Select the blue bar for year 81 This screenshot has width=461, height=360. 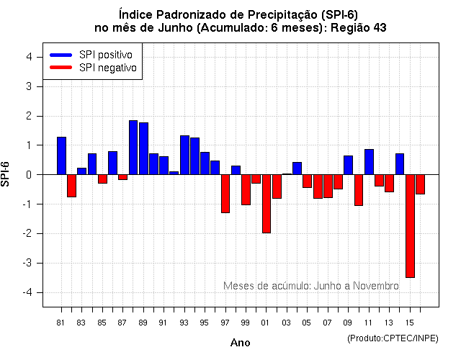pos(61,156)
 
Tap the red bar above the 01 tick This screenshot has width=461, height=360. pos(267,204)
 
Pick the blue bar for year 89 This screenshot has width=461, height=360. pos(143,148)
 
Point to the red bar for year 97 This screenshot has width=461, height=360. pos(225,194)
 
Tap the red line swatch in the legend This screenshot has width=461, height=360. pos(61,67)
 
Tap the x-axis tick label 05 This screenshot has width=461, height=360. pos(307,323)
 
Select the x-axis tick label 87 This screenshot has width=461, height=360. pos(122,323)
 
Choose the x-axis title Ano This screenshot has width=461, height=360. pos(241,343)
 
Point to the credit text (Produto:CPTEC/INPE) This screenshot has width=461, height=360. pos(393,338)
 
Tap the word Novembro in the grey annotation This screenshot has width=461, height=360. pos(375,286)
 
